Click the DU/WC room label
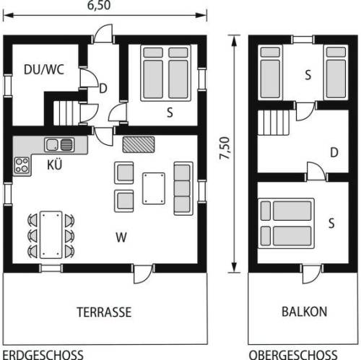(x=44, y=69)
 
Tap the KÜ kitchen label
(x=55, y=164)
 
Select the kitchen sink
(x=59, y=145)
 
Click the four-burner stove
(x=22, y=165)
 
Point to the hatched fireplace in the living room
(x=139, y=144)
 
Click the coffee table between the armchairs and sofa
(x=154, y=188)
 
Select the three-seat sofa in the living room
(x=183, y=188)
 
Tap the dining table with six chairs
(x=51, y=235)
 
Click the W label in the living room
(x=121, y=237)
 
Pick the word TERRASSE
(x=104, y=312)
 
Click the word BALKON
(x=304, y=312)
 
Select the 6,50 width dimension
(x=99, y=6)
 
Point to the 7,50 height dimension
(x=225, y=148)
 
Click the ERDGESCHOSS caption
(x=43, y=355)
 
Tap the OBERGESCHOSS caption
(x=293, y=355)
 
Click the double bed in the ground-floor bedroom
(x=165, y=73)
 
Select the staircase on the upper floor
(x=274, y=123)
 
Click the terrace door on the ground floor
(x=143, y=274)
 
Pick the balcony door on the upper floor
(x=312, y=273)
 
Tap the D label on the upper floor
(x=334, y=152)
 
